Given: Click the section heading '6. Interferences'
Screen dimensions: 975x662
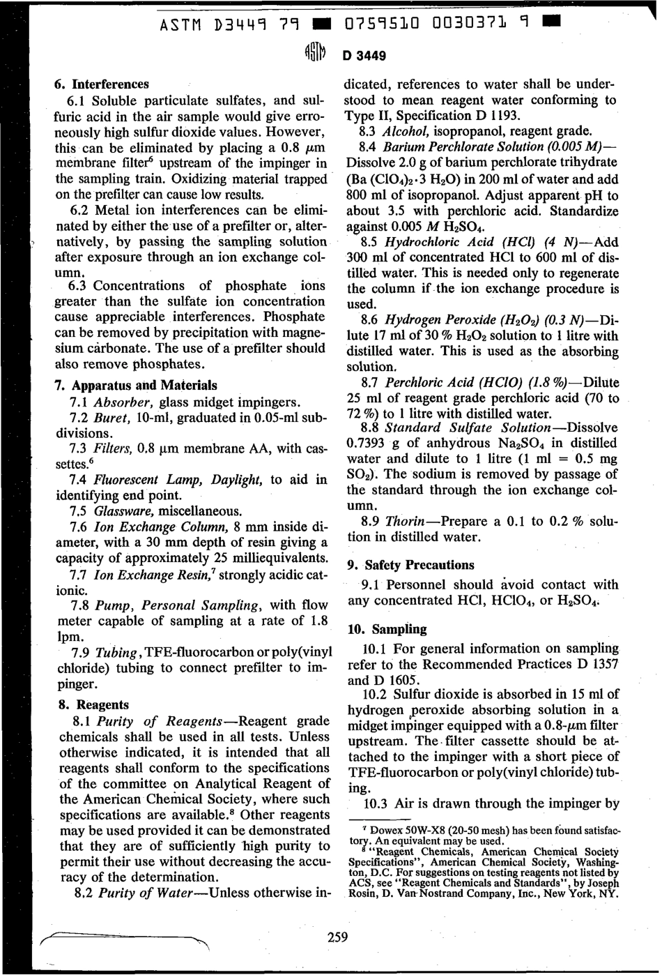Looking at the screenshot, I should [x=102, y=84].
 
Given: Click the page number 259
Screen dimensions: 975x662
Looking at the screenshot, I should [x=337, y=937].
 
